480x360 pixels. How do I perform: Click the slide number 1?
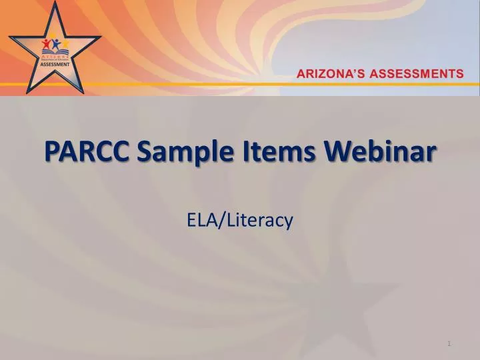449,343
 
